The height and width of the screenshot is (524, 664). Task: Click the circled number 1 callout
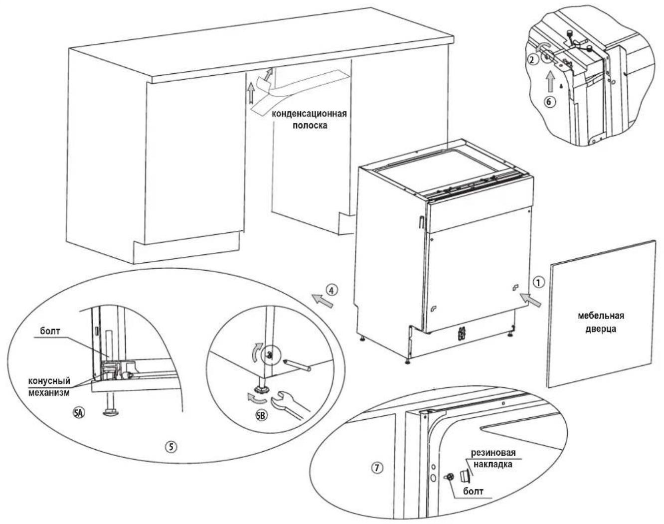tap(539, 282)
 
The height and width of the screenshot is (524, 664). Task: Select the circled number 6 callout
tap(549, 102)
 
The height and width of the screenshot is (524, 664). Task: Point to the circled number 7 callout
tap(376, 468)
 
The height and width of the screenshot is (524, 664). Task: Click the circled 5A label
tap(79, 413)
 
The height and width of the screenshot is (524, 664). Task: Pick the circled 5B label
tap(261, 416)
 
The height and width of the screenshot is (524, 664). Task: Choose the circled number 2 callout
tap(532, 60)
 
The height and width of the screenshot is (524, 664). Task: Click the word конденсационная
tap(309, 114)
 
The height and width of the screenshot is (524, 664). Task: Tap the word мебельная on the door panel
tap(601, 316)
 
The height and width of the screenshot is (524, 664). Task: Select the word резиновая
tap(493, 453)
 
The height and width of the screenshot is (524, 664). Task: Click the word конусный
tap(49, 381)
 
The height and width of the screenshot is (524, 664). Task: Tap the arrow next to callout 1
tap(530, 300)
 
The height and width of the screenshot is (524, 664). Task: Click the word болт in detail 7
tap(473, 491)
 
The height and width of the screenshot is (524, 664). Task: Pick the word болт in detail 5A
tap(50, 331)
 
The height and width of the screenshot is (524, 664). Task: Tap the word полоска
tap(310, 126)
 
